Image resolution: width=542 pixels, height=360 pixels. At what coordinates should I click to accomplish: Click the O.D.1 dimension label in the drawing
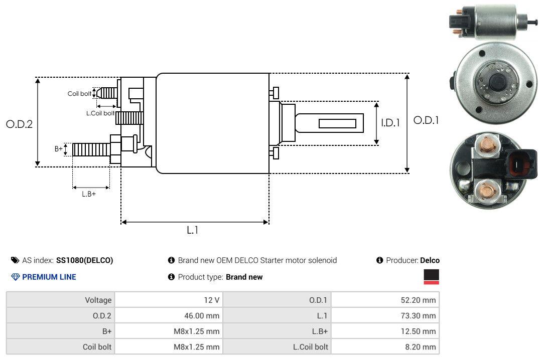pos(426,120)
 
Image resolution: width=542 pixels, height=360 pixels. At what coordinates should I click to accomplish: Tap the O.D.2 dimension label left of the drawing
pos(19,124)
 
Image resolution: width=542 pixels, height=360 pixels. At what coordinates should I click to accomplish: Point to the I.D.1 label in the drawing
pos(390,122)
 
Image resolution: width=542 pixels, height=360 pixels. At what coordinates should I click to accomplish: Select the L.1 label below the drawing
pos(193,230)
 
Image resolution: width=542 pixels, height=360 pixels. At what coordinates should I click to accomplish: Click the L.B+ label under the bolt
pos(89,194)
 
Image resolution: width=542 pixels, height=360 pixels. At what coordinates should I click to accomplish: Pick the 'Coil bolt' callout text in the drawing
pos(79,94)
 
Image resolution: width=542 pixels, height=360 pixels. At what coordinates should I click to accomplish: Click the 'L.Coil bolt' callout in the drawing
pos(100,113)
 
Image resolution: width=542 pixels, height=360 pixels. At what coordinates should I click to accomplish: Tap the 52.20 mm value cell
pos(385,300)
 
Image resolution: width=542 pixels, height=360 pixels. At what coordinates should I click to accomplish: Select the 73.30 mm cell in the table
pos(385,315)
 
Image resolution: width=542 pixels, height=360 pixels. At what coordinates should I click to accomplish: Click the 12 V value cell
pos(169,300)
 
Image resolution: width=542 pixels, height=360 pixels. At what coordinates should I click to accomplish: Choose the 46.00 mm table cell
pos(169,315)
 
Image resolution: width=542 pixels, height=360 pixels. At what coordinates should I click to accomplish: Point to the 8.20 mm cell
pos(385,346)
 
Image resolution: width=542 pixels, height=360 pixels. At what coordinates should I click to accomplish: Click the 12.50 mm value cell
pos(385,331)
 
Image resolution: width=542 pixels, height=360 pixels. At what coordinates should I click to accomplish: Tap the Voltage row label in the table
pos(61,300)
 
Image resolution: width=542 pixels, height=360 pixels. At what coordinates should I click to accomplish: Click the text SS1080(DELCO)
pos(84,260)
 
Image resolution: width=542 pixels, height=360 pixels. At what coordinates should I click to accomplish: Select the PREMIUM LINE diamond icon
pos(15,277)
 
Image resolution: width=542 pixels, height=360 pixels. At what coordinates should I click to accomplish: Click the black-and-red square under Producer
pos(431,277)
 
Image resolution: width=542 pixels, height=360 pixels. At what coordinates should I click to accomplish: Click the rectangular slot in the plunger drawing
pos(337,123)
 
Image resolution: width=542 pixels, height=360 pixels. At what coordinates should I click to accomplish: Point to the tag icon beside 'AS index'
pos(15,260)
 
